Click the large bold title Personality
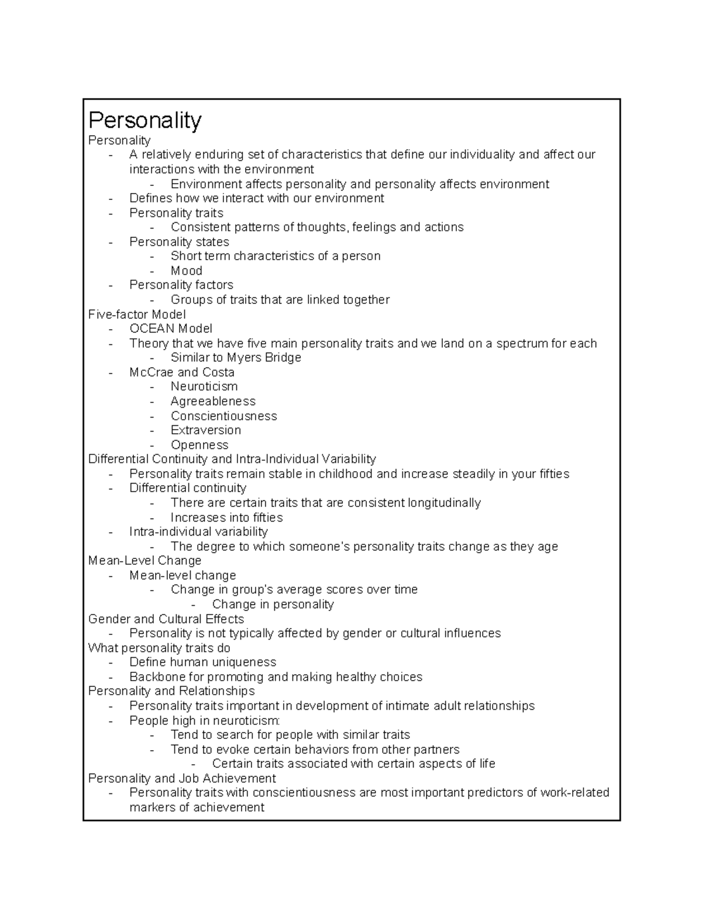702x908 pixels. pyautogui.click(x=144, y=120)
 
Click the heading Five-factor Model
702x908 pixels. pyautogui.click(x=137, y=314)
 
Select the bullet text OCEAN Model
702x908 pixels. pyautogui.click(x=171, y=329)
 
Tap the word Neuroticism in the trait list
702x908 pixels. pyautogui.click(x=204, y=386)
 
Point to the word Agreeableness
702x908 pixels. pyautogui.click(x=213, y=401)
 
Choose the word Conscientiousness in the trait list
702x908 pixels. pyautogui.click(x=223, y=416)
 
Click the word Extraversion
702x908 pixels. pyautogui.click(x=205, y=430)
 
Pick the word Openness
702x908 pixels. pyautogui.click(x=199, y=445)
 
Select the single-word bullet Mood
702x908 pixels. pyautogui.click(x=186, y=271)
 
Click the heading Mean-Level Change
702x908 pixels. pyautogui.click(x=144, y=561)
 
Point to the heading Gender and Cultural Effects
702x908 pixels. pyautogui.click(x=166, y=619)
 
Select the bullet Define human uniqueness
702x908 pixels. pyautogui.click(x=202, y=662)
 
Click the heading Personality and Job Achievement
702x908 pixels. pyautogui.click(x=181, y=778)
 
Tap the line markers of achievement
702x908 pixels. pyautogui.click(x=197, y=807)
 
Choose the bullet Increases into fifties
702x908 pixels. pyautogui.click(x=226, y=517)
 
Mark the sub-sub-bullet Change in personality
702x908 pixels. pyautogui.click(x=273, y=604)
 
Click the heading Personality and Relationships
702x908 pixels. pyautogui.click(x=171, y=691)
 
